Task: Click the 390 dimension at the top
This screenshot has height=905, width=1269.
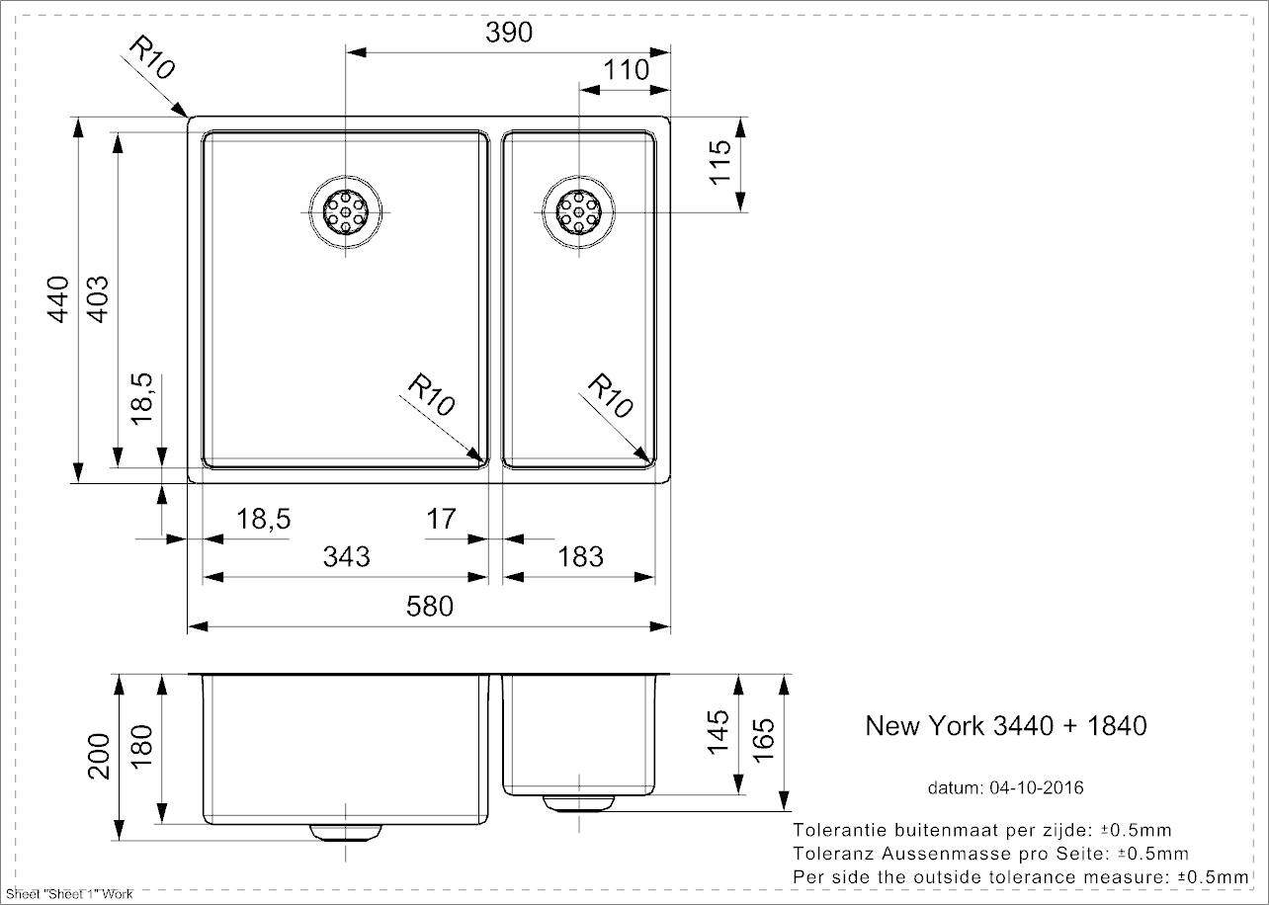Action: tap(510, 33)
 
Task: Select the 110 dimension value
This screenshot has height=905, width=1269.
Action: tap(626, 70)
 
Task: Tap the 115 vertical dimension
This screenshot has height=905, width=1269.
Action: tap(719, 161)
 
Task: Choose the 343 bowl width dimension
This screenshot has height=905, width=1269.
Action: tap(347, 556)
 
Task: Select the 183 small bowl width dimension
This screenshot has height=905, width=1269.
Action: tap(580, 556)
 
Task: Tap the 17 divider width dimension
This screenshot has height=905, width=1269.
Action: tap(441, 518)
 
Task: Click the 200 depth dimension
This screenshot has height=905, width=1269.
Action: tap(98, 757)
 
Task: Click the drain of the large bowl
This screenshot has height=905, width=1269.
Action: tap(346, 211)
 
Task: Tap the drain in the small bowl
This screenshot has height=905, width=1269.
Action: tap(579, 211)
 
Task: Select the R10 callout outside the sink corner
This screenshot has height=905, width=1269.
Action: tap(152, 60)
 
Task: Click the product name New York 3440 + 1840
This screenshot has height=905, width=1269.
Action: tap(1006, 726)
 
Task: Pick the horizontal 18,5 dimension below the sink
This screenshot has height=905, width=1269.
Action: tap(263, 518)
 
